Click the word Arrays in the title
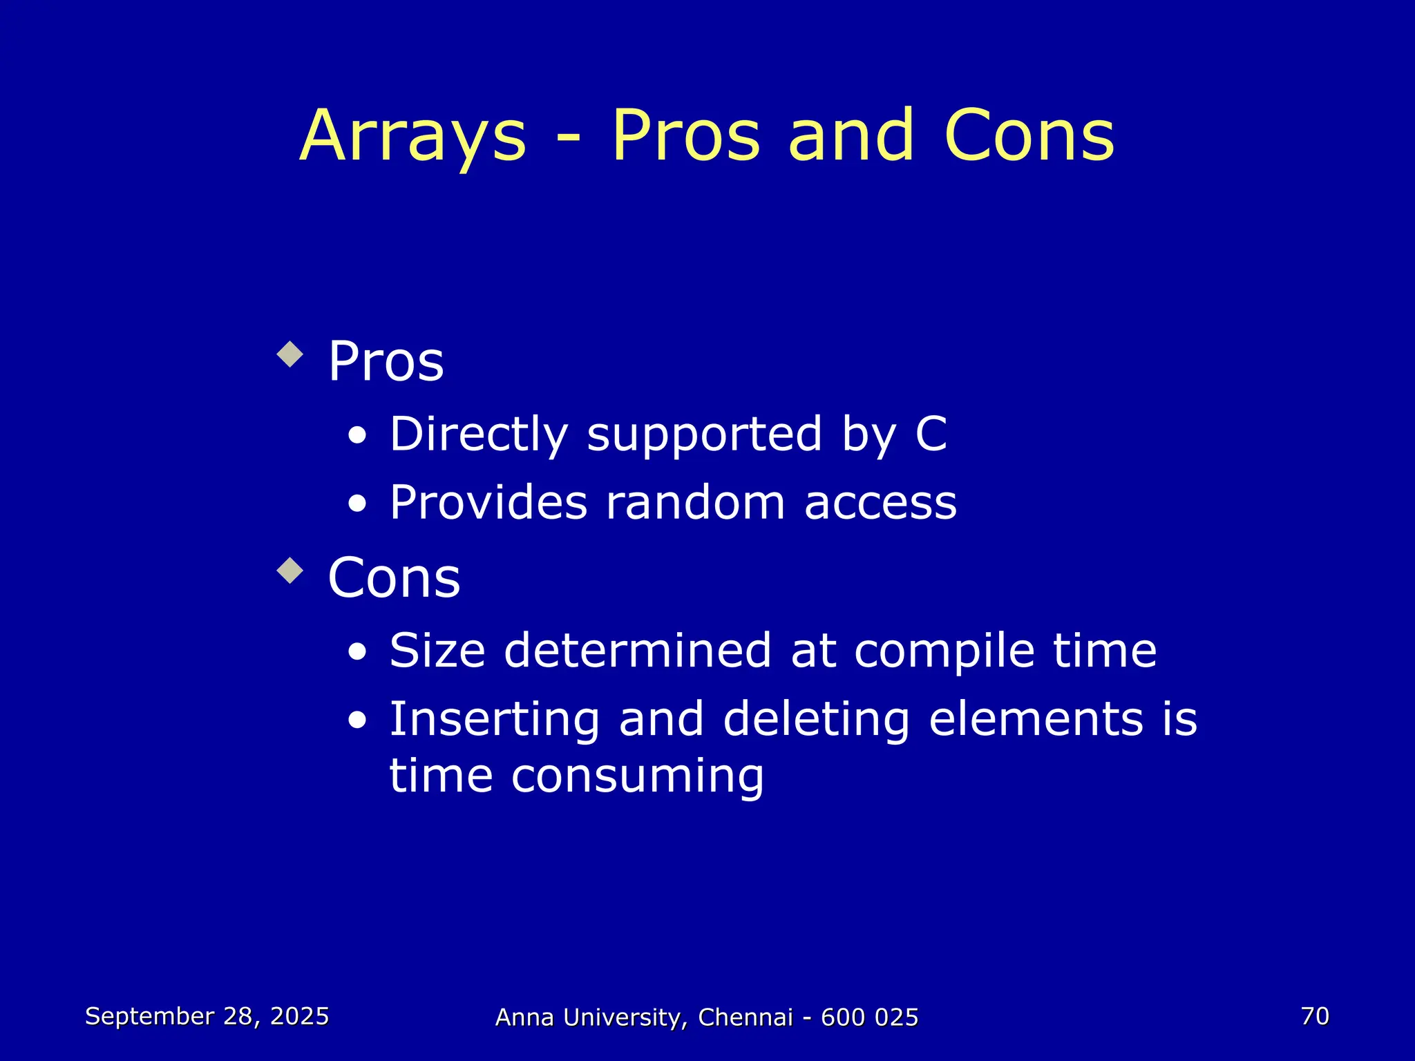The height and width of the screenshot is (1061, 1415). click(413, 138)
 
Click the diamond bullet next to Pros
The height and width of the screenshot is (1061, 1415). click(289, 354)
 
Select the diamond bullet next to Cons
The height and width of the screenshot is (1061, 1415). click(289, 571)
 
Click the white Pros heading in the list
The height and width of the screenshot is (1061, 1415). click(386, 361)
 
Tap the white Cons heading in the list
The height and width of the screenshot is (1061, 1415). click(394, 577)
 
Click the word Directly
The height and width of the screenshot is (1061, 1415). click(478, 435)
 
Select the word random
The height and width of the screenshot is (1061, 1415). click(695, 502)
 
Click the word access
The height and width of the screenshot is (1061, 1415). click(880, 503)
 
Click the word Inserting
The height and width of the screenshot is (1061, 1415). click(494, 720)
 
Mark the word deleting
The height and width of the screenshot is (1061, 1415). click(816, 720)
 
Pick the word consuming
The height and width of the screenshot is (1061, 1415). click(637, 777)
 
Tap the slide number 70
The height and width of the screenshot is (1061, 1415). click(1314, 1016)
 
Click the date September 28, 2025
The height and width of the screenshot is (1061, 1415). click(207, 1016)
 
